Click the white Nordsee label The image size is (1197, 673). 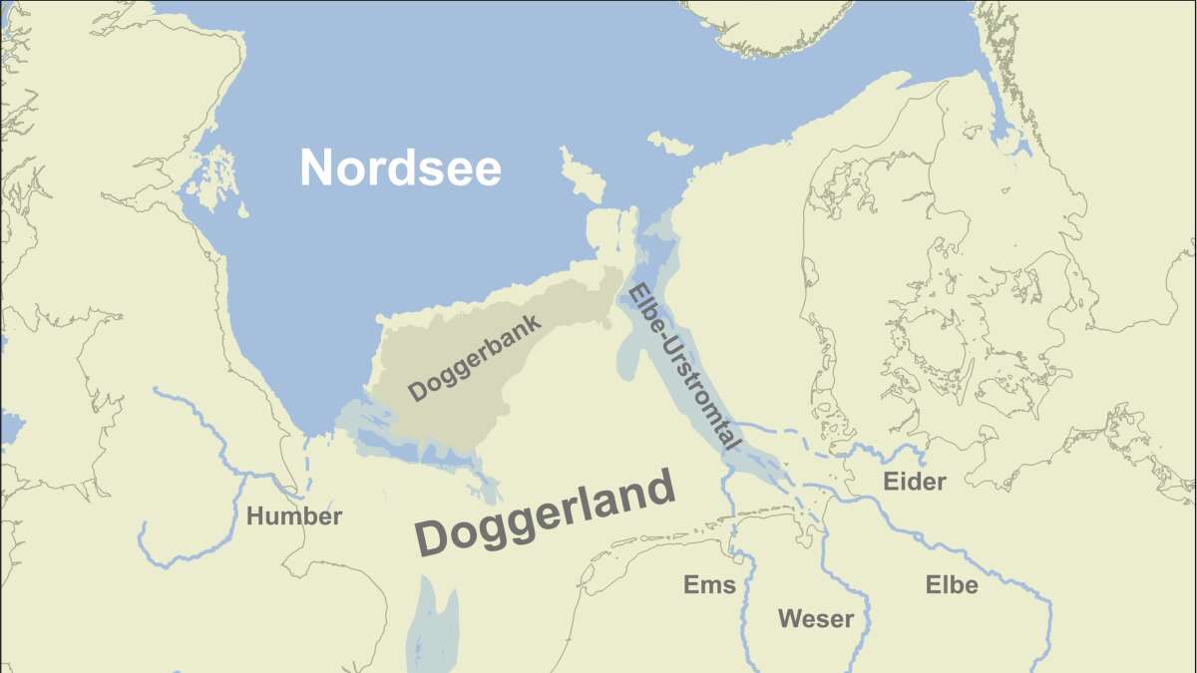(400, 168)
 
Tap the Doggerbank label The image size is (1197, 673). (475, 358)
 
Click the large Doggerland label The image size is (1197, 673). (546, 515)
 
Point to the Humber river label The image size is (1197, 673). (293, 516)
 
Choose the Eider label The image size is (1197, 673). (914, 483)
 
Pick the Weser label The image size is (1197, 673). (815, 619)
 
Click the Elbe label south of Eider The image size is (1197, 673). (951, 585)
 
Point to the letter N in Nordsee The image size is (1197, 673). (317, 168)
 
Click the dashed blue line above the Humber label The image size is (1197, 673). (308, 464)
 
